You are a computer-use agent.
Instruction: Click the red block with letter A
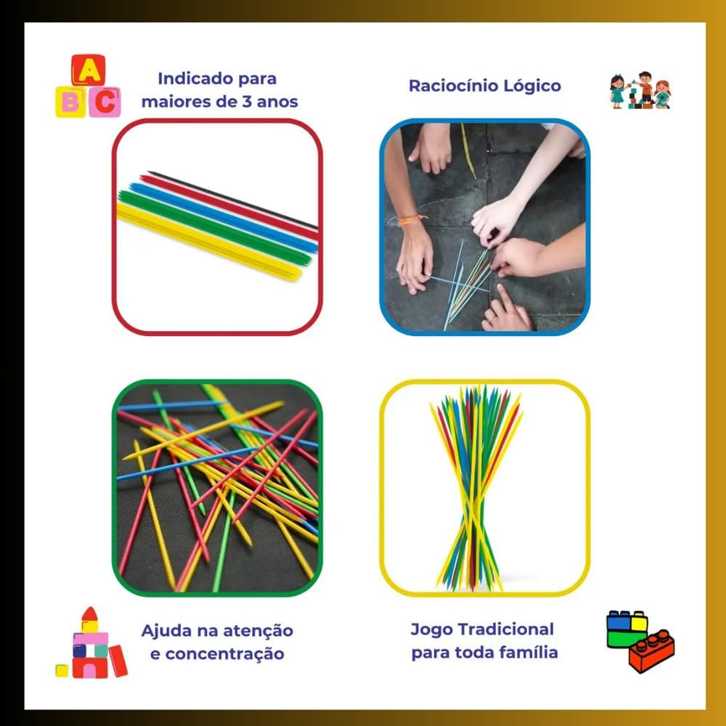88,70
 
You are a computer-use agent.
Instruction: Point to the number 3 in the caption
247,102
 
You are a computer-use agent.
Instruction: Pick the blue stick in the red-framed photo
223,218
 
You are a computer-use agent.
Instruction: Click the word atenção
258,630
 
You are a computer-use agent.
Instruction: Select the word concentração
224,654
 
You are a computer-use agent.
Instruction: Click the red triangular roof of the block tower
90,613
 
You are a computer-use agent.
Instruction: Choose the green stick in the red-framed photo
214,228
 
